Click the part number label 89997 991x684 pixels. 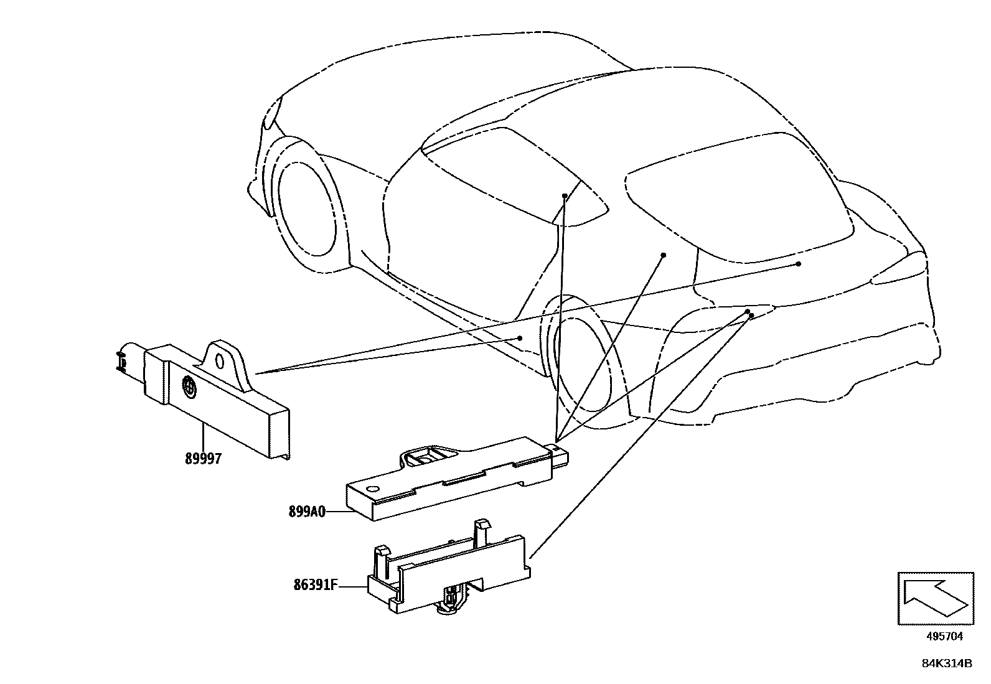pyautogui.click(x=203, y=459)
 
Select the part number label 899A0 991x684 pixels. pyautogui.click(x=306, y=512)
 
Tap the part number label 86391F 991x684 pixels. pyautogui.click(x=316, y=585)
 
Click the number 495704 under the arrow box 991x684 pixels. pyautogui.click(x=944, y=637)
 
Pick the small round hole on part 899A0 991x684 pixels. pyautogui.click(x=373, y=489)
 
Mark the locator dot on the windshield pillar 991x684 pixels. pyautogui.click(x=565, y=196)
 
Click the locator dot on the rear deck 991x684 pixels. pyautogui.click(x=798, y=264)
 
